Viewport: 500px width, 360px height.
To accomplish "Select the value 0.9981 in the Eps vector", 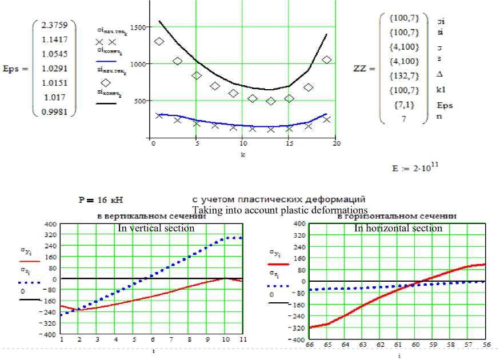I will (55, 112).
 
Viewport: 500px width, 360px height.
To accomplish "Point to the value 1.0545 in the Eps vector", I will (55, 54).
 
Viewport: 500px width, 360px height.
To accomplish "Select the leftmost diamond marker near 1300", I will (159, 41).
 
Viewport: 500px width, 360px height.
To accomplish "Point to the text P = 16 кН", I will (101, 201).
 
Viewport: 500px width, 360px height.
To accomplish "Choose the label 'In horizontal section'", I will (398, 228).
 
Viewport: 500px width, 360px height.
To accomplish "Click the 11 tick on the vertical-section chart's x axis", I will (243, 340).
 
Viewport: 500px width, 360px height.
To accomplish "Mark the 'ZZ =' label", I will (365, 69).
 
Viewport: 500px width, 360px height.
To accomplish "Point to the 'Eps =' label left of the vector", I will (16, 69).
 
